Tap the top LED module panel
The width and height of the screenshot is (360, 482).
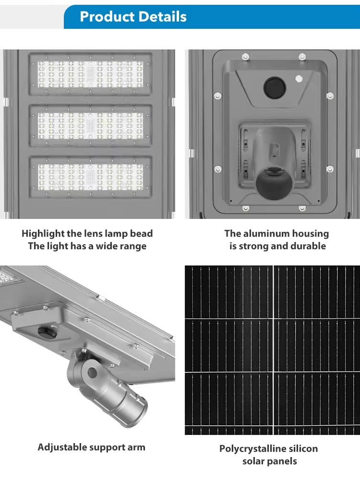[90, 74]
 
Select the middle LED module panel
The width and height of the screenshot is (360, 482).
[90, 125]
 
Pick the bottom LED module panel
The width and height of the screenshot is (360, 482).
[90, 177]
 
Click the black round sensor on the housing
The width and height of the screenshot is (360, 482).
[275, 87]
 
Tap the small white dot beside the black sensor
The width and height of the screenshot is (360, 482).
[299, 79]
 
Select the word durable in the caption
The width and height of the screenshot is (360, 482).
[308, 246]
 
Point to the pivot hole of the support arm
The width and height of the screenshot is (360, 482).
[92, 373]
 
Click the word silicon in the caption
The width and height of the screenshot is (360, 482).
[301, 449]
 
